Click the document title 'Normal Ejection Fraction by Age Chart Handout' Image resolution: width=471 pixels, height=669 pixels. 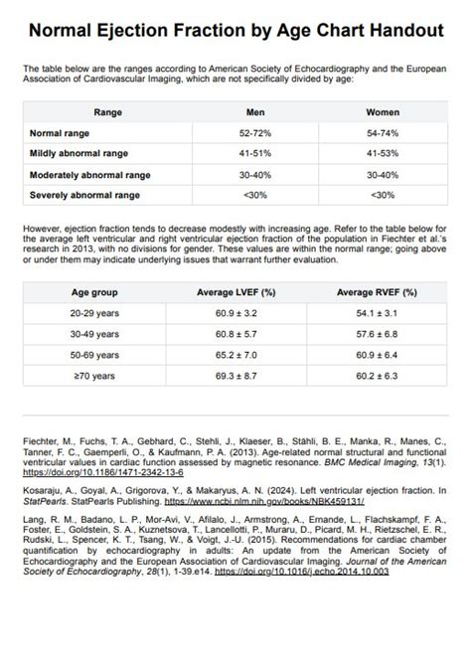click(x=235, y=31)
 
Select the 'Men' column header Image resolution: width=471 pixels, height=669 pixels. click(x=255, y=112)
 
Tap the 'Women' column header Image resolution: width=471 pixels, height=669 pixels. click(x=383, y=112)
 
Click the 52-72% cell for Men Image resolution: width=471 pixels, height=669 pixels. click(x=255, y=133)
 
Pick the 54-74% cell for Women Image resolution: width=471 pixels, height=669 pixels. click(x=383, y=133)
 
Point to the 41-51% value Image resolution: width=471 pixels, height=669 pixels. click(x=255, y=154)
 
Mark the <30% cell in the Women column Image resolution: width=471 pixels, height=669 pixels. click(x=383, y=195)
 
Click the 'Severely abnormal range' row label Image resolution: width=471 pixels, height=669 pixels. click(x=85, y=195)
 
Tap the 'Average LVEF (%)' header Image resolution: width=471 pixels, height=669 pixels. click(x=236, y=293)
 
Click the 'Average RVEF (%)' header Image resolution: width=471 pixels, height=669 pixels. click(x=377, y=293)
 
